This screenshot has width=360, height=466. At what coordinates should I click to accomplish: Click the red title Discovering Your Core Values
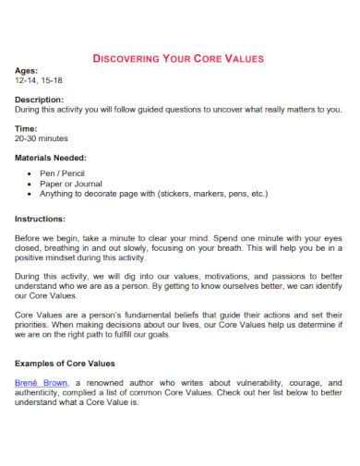179,58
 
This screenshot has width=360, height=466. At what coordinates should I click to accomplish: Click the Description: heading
40,100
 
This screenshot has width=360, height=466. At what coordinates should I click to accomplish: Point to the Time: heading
27,128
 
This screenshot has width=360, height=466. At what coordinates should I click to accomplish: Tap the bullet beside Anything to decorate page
32,195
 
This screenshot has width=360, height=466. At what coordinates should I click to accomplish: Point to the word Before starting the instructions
29,238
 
